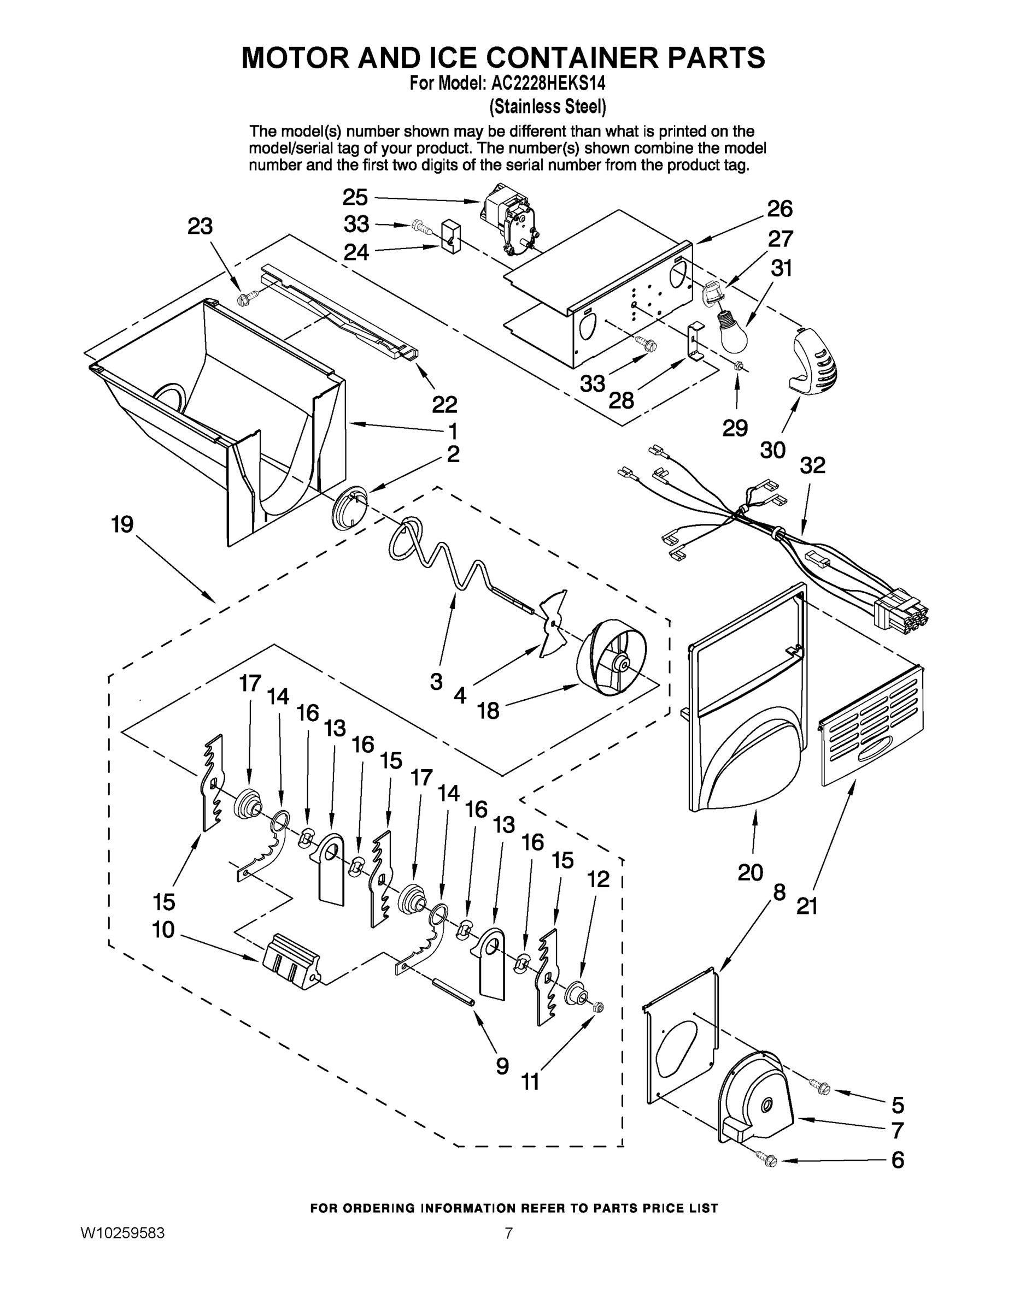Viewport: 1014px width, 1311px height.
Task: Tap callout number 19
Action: click(122, 524)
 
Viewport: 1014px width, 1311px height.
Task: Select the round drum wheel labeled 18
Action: click(612, 658)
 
